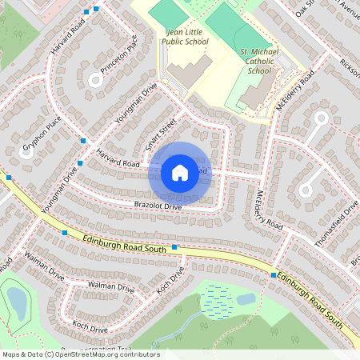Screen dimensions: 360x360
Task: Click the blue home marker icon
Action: coord(180,172)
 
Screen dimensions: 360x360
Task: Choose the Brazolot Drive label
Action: coord(158,207)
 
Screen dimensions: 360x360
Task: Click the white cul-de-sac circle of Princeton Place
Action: coord(97,78)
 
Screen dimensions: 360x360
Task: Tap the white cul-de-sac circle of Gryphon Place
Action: coord(25,152)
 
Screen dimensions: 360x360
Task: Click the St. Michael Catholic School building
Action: coord(254,94)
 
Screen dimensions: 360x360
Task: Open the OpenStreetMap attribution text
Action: coord(80,354)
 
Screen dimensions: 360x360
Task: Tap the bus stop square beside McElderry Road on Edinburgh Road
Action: coord(274,275)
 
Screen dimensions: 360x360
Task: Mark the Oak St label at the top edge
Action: coord(305,9)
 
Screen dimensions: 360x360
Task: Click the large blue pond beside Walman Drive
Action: coord(16,301)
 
